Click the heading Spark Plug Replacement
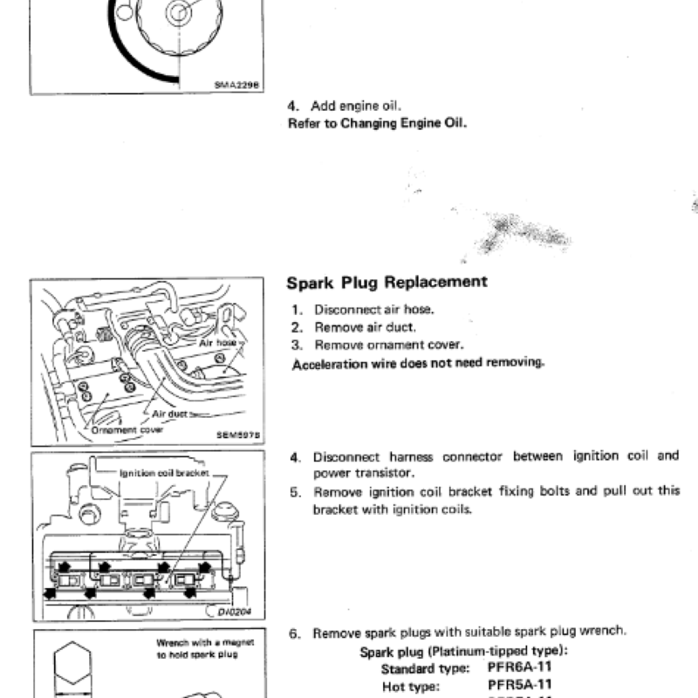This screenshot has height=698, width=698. (x=387, y=282)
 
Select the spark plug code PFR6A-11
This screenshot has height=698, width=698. (x=519, y=668)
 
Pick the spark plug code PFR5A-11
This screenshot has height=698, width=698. (x=519, y=685)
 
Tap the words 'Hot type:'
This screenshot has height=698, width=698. (x=410, y=686)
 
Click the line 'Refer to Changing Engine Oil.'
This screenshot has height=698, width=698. (x=377, y=123)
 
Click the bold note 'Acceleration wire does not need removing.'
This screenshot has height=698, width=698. (x=418, y=363)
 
